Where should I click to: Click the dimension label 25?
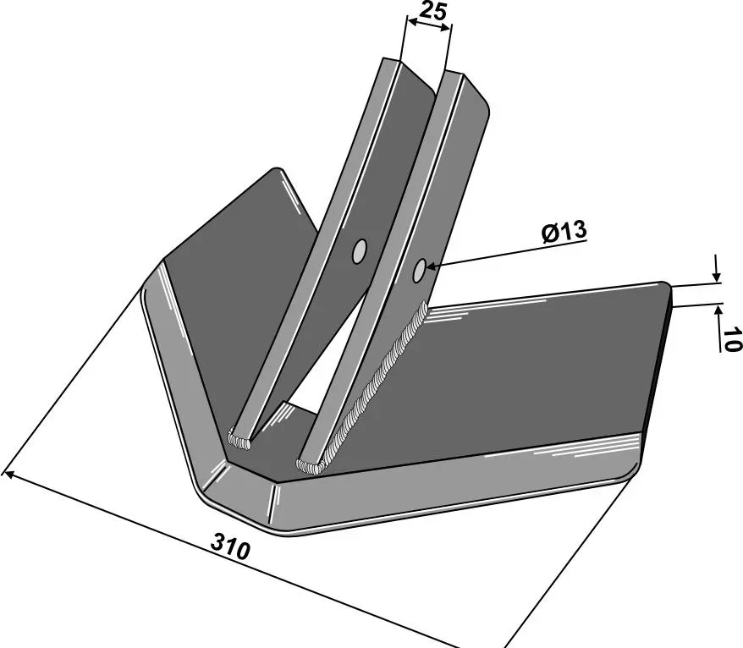[x=433, y=10]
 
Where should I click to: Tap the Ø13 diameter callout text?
[x=564, y=232]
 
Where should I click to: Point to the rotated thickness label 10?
[x=731, y=338]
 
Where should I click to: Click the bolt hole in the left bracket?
[x=360, y=251]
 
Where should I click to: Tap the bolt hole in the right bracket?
[x=419, y=271]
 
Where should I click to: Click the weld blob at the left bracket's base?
[x=239, y=439]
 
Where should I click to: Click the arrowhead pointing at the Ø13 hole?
[x=432, y=267]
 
